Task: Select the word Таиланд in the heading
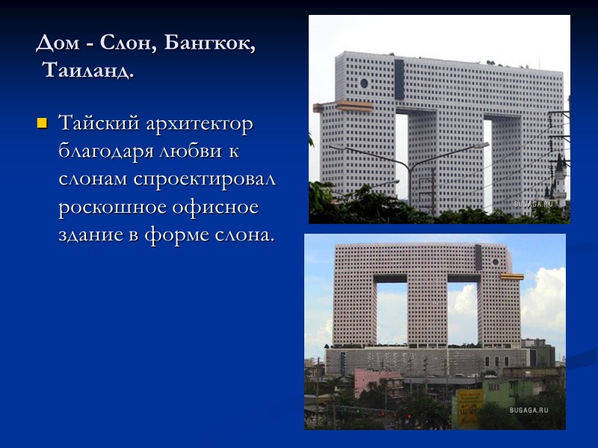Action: (89, 72)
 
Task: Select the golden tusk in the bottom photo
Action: (513, 277)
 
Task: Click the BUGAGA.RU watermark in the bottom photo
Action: (528, 410)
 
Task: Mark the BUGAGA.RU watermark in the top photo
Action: (532, 204)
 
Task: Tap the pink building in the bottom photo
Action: (377, 381)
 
